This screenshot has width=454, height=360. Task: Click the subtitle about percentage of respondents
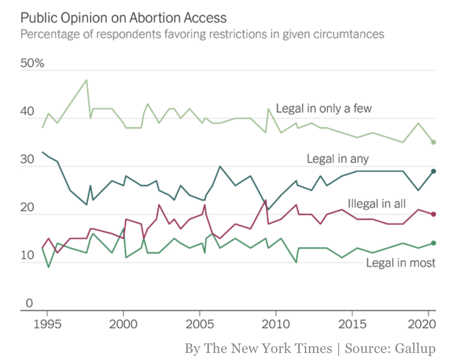(x=202, y=34)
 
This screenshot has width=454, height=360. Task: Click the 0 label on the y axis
(x=29, y=303)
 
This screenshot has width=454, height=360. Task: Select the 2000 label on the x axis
(x=123, y=324)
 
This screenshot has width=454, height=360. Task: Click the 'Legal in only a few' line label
(x=324, y=109)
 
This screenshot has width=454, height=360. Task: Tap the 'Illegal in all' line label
(x=376, y=204)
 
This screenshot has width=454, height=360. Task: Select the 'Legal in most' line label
(x=400, y=263)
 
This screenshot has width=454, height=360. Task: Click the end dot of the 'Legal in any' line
(x=433, y=171)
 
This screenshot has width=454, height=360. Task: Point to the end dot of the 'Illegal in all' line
(x=433, y=214)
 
